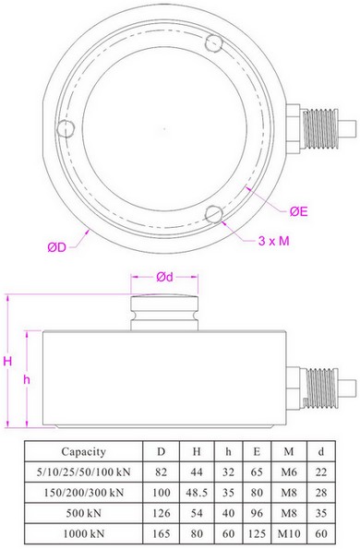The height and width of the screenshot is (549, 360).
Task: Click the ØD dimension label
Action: [56, 247]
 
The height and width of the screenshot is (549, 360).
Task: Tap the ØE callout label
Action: [298, 211]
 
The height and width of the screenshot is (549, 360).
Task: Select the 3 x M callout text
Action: [273, 241]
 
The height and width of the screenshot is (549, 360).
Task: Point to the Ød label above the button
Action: [164, 277]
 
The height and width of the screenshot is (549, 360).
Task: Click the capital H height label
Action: [7, 361]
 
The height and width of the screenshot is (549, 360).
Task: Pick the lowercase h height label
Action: [27, 379]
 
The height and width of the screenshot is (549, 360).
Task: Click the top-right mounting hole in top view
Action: [214, 42]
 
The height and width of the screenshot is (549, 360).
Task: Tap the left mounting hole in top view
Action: [66, 128]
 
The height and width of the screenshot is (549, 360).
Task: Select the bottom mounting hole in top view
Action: [214, 214]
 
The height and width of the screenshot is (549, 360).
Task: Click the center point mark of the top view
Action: [164, 129]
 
